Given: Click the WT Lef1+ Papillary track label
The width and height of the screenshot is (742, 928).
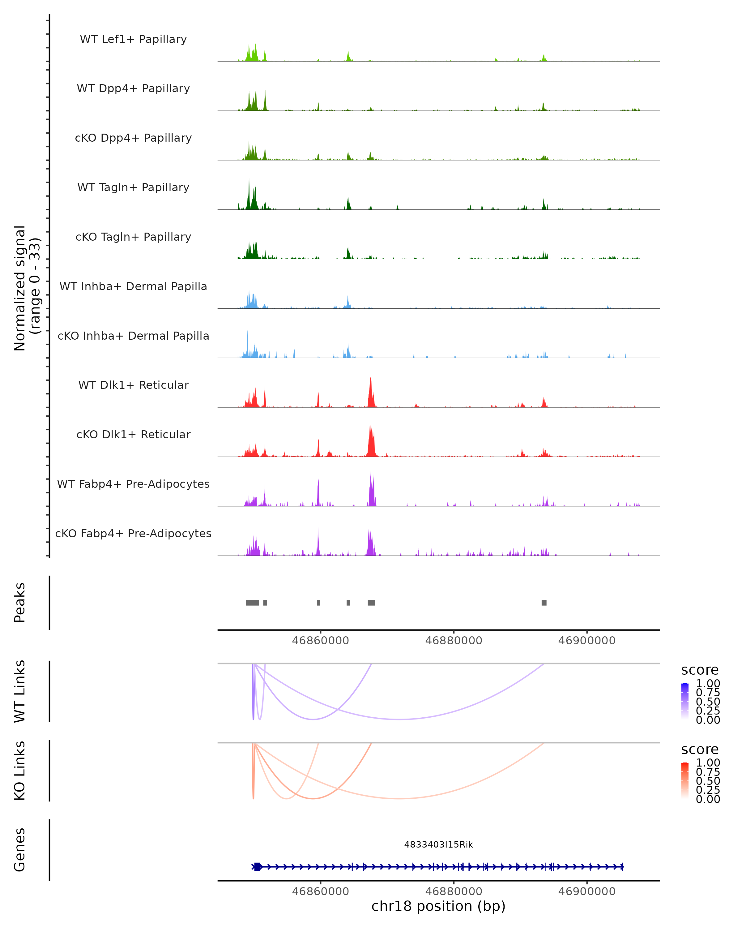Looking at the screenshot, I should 133,39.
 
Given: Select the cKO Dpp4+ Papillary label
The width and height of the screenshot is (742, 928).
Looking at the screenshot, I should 133,138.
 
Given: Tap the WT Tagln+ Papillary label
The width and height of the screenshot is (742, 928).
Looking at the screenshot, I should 133,188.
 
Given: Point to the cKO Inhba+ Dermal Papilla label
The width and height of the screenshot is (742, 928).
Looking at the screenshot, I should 133,336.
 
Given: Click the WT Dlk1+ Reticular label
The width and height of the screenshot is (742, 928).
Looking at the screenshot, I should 133,385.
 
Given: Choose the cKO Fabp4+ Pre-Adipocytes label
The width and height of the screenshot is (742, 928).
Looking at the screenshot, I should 133,534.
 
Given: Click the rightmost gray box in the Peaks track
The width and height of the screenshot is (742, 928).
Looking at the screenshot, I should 544,603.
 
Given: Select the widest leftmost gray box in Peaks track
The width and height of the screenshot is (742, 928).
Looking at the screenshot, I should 253,603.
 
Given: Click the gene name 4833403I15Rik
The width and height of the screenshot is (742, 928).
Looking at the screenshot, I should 438,844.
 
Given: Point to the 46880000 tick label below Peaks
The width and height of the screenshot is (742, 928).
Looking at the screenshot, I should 454,641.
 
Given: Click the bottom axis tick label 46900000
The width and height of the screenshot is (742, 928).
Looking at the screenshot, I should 587,891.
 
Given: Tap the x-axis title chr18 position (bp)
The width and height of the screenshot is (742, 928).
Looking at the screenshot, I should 438,906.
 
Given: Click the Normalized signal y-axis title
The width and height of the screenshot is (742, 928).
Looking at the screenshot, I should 27,288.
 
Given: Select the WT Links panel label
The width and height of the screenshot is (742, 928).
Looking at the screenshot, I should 20,691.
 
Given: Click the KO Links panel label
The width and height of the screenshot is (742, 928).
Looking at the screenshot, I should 20,771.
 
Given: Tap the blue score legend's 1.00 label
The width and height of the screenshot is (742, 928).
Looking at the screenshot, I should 708,684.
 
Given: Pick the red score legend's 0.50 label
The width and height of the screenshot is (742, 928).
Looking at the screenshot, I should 708,781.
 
